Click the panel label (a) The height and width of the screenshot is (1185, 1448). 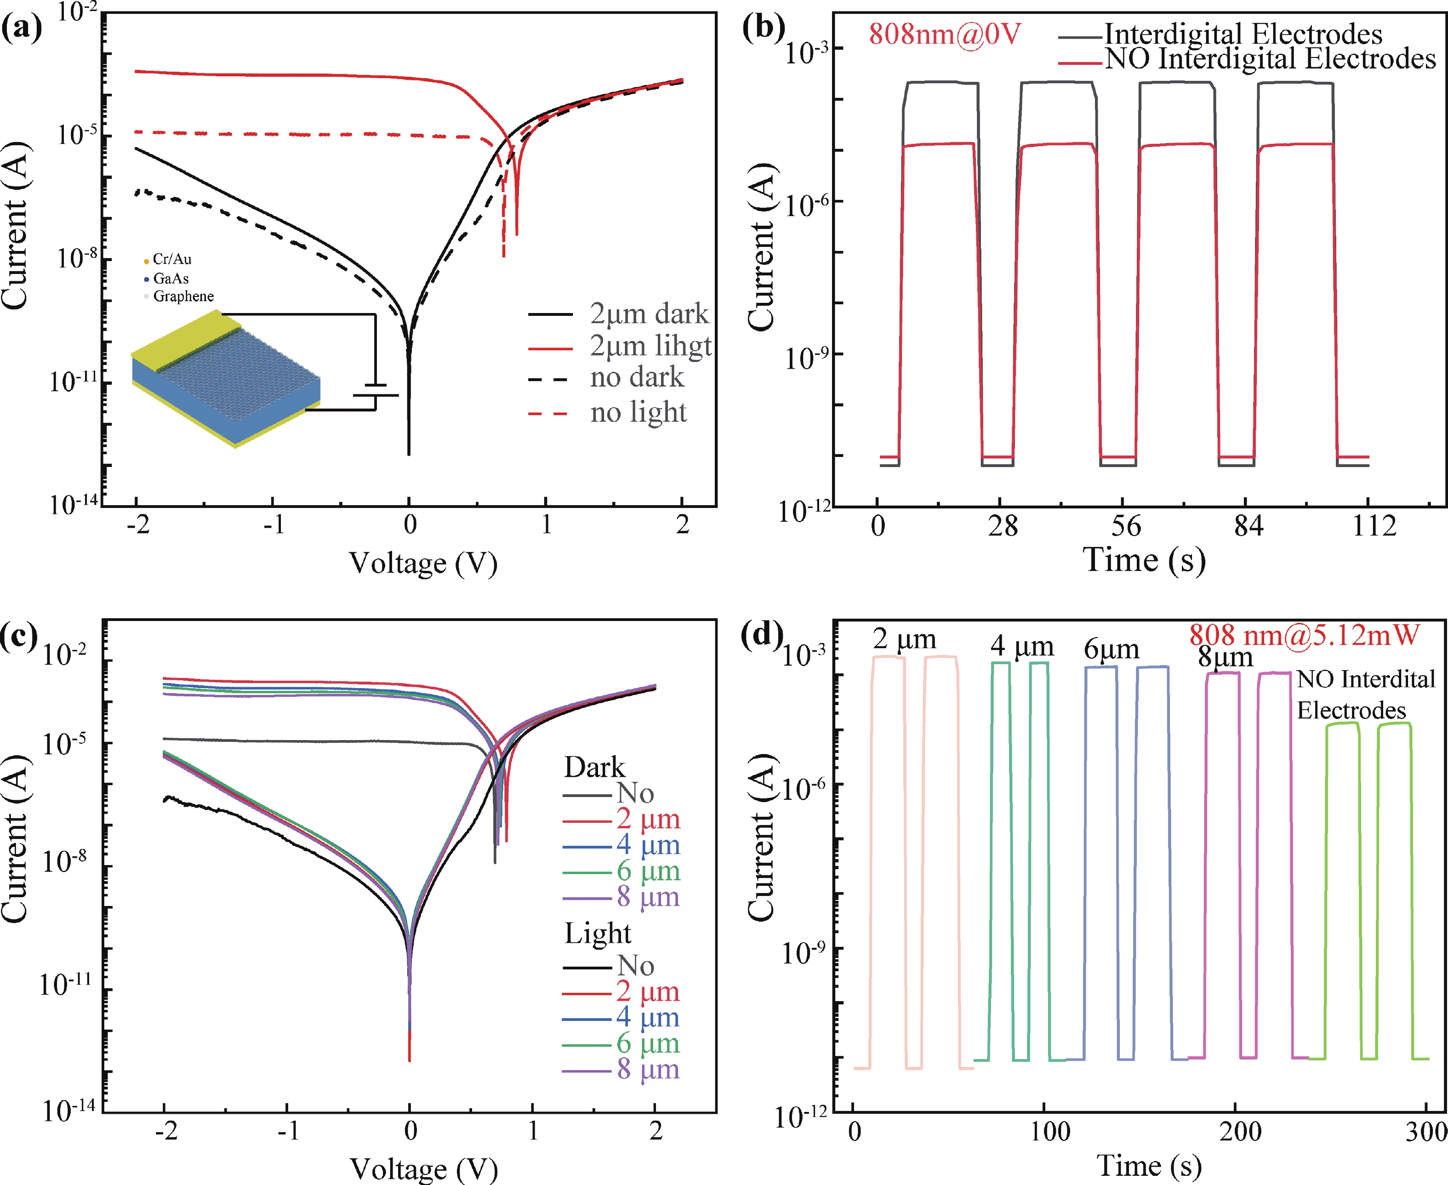(x=22, y=28)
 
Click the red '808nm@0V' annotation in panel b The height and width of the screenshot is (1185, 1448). (x=944, y=34)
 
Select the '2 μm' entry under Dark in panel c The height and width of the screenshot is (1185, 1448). (x=648, y=819)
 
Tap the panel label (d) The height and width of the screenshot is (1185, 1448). (x=762, y=635)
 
